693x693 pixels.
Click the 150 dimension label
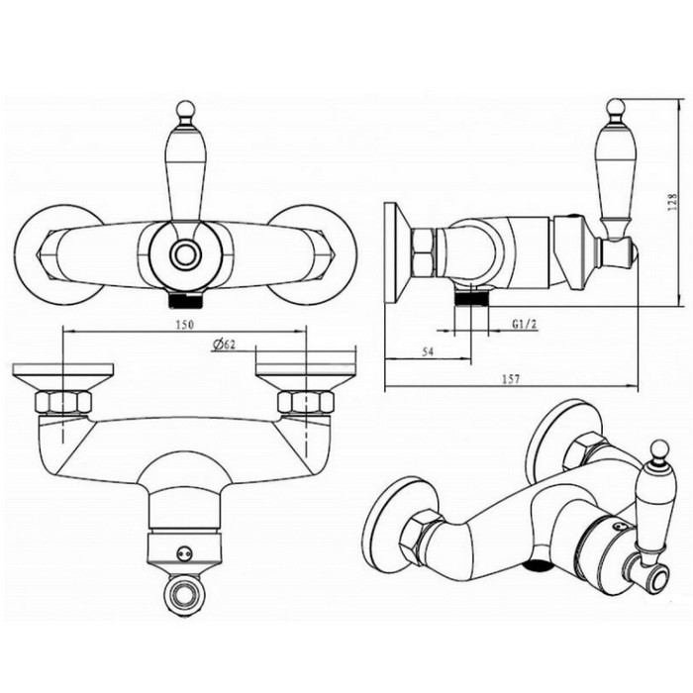click(185, 324)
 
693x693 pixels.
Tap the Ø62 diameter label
click(223, 346)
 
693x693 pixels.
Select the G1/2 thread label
click(525, 324)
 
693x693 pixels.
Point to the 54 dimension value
click(428, 351)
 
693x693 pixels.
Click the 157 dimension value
click(512, 379)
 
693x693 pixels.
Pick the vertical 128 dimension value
click(672, 202)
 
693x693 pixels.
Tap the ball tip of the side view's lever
click(616, 107)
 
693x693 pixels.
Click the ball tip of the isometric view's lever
click(660, 449)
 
